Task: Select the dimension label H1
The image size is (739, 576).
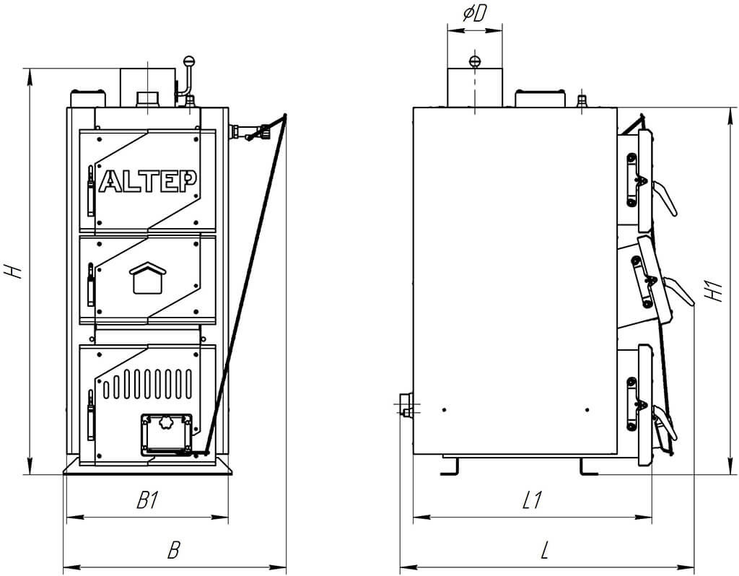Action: coord(715,292)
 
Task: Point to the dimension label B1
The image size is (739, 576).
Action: coord(147,500)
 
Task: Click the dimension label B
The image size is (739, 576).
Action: coord(174,549)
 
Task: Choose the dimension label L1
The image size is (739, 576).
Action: coord(533,500)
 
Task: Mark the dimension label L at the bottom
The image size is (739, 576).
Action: coord(545,549)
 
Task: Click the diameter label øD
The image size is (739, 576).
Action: coord(473,14)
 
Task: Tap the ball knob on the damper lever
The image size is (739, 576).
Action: coord(188,61)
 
